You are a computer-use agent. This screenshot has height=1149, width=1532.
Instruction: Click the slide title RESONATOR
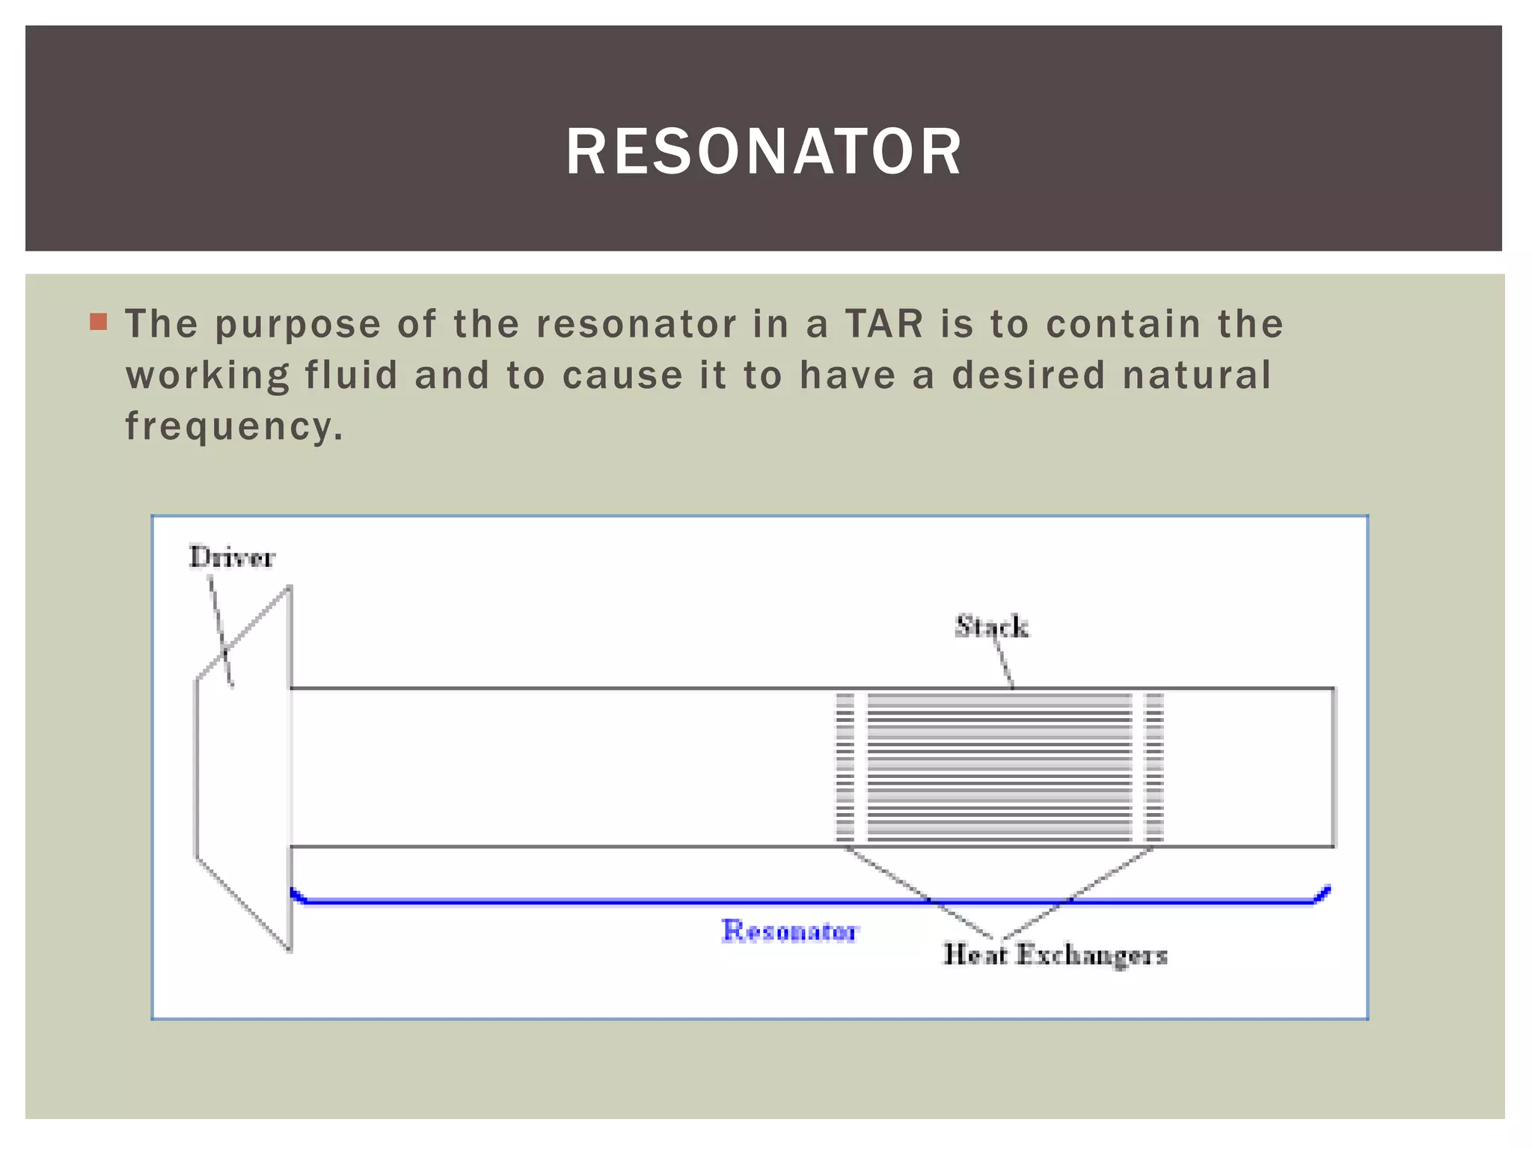[x=763, y=152]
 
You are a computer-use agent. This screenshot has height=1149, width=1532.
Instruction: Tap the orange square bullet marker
[x=98, y=322]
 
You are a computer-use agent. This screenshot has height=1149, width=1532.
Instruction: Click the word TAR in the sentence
[x=884, y=324]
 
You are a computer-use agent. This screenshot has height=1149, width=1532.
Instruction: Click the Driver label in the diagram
[x=232, y=557]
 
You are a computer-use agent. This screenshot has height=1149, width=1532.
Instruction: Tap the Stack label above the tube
[x=991, y=626]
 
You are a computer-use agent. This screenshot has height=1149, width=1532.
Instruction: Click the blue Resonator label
[x=790, y=931]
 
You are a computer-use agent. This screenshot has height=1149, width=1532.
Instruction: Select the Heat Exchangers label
[x=1055, y=955]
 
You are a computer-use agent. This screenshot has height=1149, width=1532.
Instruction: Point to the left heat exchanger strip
[x=845, y=767]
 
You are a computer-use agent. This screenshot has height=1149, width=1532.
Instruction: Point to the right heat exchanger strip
[x=1154, y=767]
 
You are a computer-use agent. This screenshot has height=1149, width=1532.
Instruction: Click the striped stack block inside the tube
[x=999, y=767]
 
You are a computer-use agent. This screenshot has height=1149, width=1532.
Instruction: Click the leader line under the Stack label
[x=1005, y=664]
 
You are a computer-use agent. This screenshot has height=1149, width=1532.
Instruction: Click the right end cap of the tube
[x=1334, y=767]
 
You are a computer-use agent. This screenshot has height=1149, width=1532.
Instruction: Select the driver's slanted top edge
[x=243, y=634]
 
